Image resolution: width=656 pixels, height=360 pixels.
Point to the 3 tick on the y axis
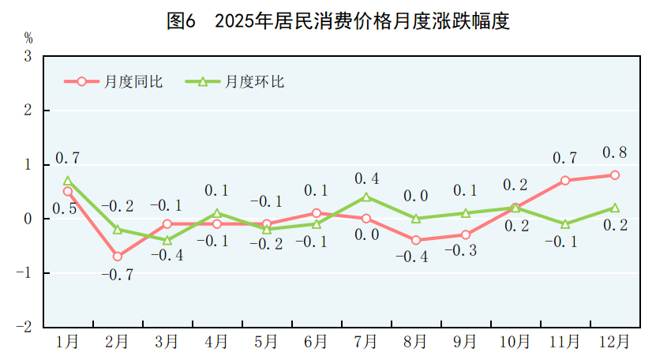click(28, 57)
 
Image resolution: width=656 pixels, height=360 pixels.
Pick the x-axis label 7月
click(365, 342)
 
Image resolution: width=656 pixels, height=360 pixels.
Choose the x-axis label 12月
click(614, 342)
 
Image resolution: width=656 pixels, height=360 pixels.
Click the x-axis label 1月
click(68, 342)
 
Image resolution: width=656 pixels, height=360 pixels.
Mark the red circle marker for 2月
click(118, 256)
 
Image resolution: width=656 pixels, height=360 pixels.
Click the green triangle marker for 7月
click(366, 197)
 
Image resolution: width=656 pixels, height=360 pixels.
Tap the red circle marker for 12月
click(614, 175)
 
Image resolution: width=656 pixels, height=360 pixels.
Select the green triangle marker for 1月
click(68, 181)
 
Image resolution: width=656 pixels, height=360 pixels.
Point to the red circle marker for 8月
click(416, 240)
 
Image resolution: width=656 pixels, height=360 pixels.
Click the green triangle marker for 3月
click(167, 240)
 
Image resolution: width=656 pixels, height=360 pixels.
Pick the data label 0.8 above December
click(614, 152)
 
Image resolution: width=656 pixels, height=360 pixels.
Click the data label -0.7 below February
click(118, 276)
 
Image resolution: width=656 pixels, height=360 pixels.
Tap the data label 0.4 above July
click(366, 178)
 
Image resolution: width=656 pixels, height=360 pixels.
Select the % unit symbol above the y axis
click(28, 37)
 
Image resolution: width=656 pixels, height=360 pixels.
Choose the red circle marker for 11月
click(565, 181)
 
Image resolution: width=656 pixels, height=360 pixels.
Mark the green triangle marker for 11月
click(565, 224)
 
